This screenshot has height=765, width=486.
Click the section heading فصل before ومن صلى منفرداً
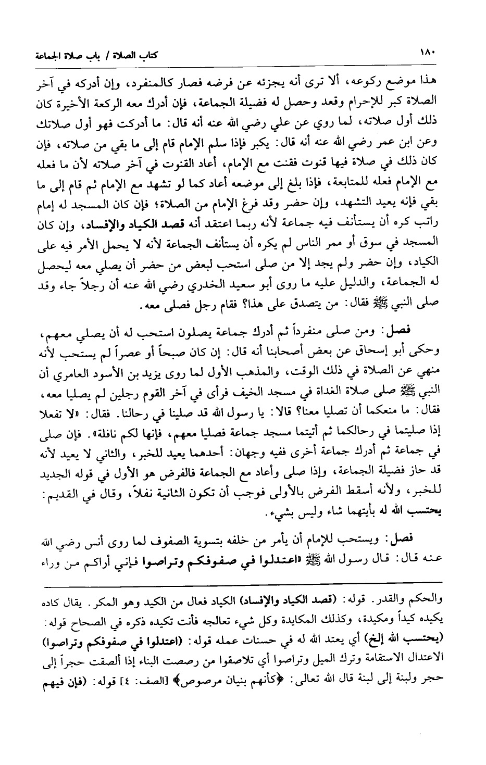(x=415, y=330)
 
